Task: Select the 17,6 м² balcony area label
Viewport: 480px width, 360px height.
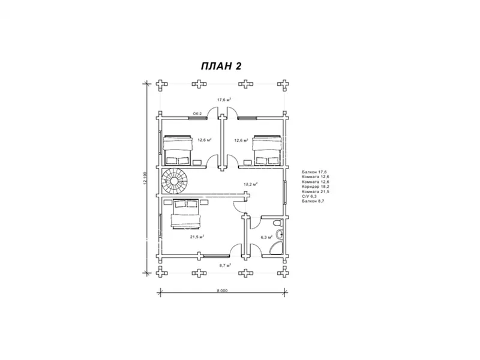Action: click(224, 100)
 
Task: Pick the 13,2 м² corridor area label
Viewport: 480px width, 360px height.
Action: click(250, 184)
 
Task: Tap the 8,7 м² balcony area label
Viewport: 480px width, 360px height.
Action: click(226, 265)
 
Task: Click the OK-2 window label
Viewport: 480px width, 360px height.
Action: click(197, 113)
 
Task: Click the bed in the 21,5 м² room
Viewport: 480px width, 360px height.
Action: click(186, 214)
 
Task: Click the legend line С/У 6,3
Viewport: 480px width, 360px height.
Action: click(312, 196)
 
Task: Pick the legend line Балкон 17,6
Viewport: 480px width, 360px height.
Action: click(314, 172)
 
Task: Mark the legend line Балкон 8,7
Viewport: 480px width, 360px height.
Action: click(313, 200)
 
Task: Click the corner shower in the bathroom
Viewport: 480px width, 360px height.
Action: click(277, 247)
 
